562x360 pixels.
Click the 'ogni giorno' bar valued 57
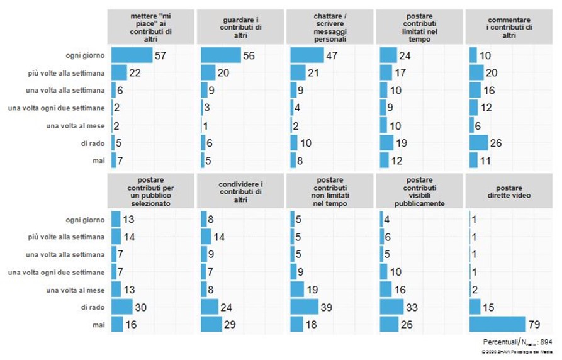[x=132, y=55]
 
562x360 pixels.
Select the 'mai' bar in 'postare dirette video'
[x=497, y=324]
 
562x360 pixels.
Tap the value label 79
[x=534, y=324]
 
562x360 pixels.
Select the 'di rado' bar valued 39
[x=310, y=307]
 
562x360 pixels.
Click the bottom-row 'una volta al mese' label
[x=78, y=289]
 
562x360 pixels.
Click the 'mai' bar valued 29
[x=211, y=324]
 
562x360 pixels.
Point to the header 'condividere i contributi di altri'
[x=240, y=193]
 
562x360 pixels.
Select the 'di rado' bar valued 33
[x=391, y=307]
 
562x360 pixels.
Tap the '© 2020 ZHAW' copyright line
[x=520, y=352]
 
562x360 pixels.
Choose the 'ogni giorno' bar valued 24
[x=388, y=55]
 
